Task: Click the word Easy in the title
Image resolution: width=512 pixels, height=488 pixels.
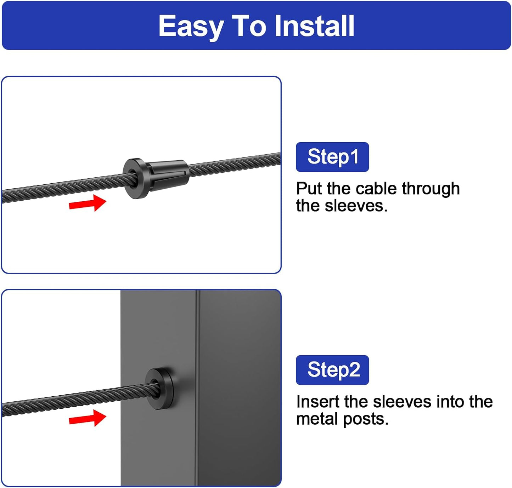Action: tap(191, 26)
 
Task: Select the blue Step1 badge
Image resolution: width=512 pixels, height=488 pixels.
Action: tap(332, 157)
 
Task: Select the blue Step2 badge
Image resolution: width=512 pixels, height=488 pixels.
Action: tap(332, 370)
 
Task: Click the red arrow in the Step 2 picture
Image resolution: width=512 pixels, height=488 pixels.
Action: tap(88, 418)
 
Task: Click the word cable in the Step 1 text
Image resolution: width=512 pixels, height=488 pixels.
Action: tap(378, 188)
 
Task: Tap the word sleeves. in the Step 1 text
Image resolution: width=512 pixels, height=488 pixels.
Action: tap(356, 206)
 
